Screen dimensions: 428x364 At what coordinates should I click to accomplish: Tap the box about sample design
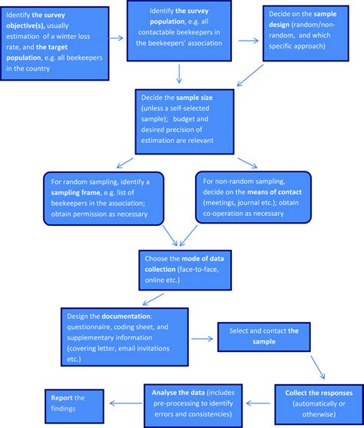(x=310, y=34)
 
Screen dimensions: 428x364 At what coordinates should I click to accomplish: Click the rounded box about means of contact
(x=254, y=197)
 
